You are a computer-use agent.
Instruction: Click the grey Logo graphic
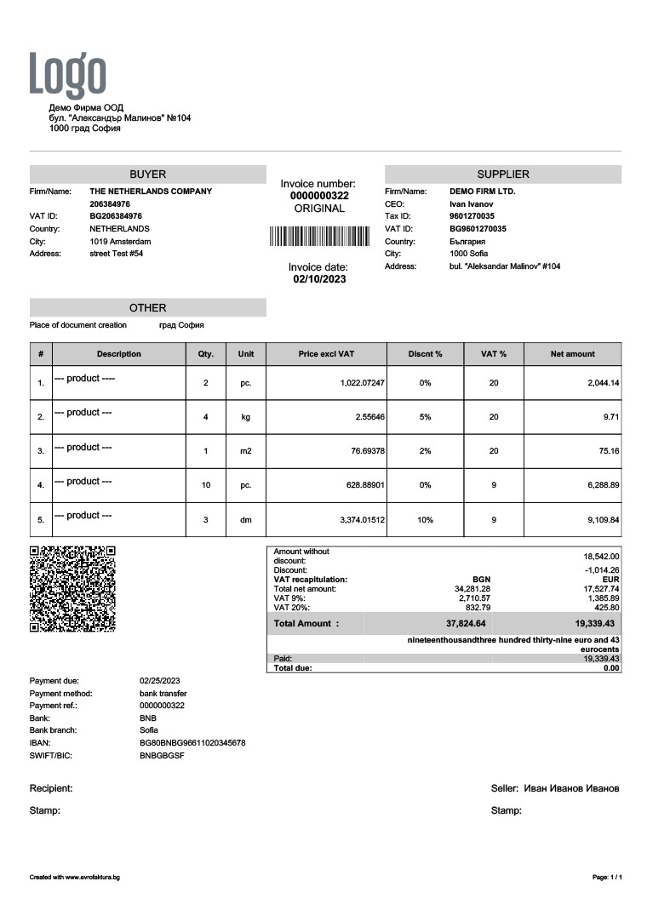click(x=68, y=74)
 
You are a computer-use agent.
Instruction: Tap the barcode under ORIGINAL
click(x=319, y=236)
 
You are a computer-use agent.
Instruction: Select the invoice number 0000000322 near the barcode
click(x=319, y=196)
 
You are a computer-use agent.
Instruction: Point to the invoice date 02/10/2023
click(x=319, y=279)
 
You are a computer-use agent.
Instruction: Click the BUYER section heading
click(x=147, y=174)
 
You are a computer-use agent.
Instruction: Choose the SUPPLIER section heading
click(x=503, y=174)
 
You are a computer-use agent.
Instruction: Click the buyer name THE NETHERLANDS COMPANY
click(x=151, y=192)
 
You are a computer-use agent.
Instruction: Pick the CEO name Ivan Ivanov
click(x=471, y=204)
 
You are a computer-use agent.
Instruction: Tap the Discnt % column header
click(x=425, y=354)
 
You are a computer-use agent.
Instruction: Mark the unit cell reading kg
click(x=245, y=417)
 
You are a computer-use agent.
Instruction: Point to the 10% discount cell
click(x=425, y=519)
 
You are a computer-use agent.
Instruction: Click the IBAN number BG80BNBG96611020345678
click(x=192, y=743)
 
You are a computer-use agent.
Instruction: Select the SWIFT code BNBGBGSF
click(x=162, y=756)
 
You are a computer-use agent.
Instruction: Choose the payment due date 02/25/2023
click(x=159, y=681)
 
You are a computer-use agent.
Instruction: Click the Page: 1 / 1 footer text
click(x=606, y=877)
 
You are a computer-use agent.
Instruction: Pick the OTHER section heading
click(x=147, y=308)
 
